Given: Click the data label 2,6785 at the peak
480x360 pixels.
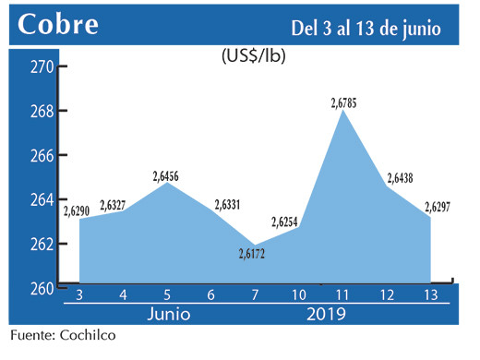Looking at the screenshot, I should pos(343,102).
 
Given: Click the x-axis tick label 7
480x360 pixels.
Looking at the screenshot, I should pos(254,295).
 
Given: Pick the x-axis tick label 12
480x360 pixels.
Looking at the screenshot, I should pos(388,295).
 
